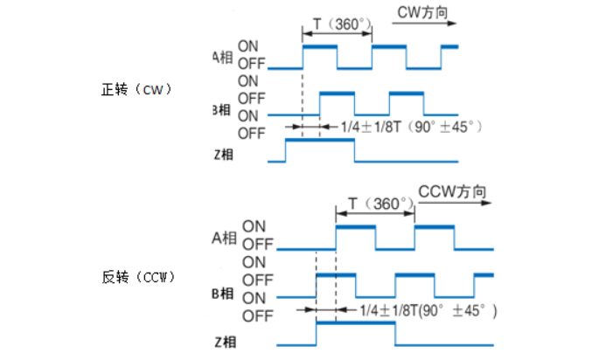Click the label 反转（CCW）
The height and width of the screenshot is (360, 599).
(x=139, y=278)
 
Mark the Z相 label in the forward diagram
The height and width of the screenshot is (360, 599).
(x=223, y=155)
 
